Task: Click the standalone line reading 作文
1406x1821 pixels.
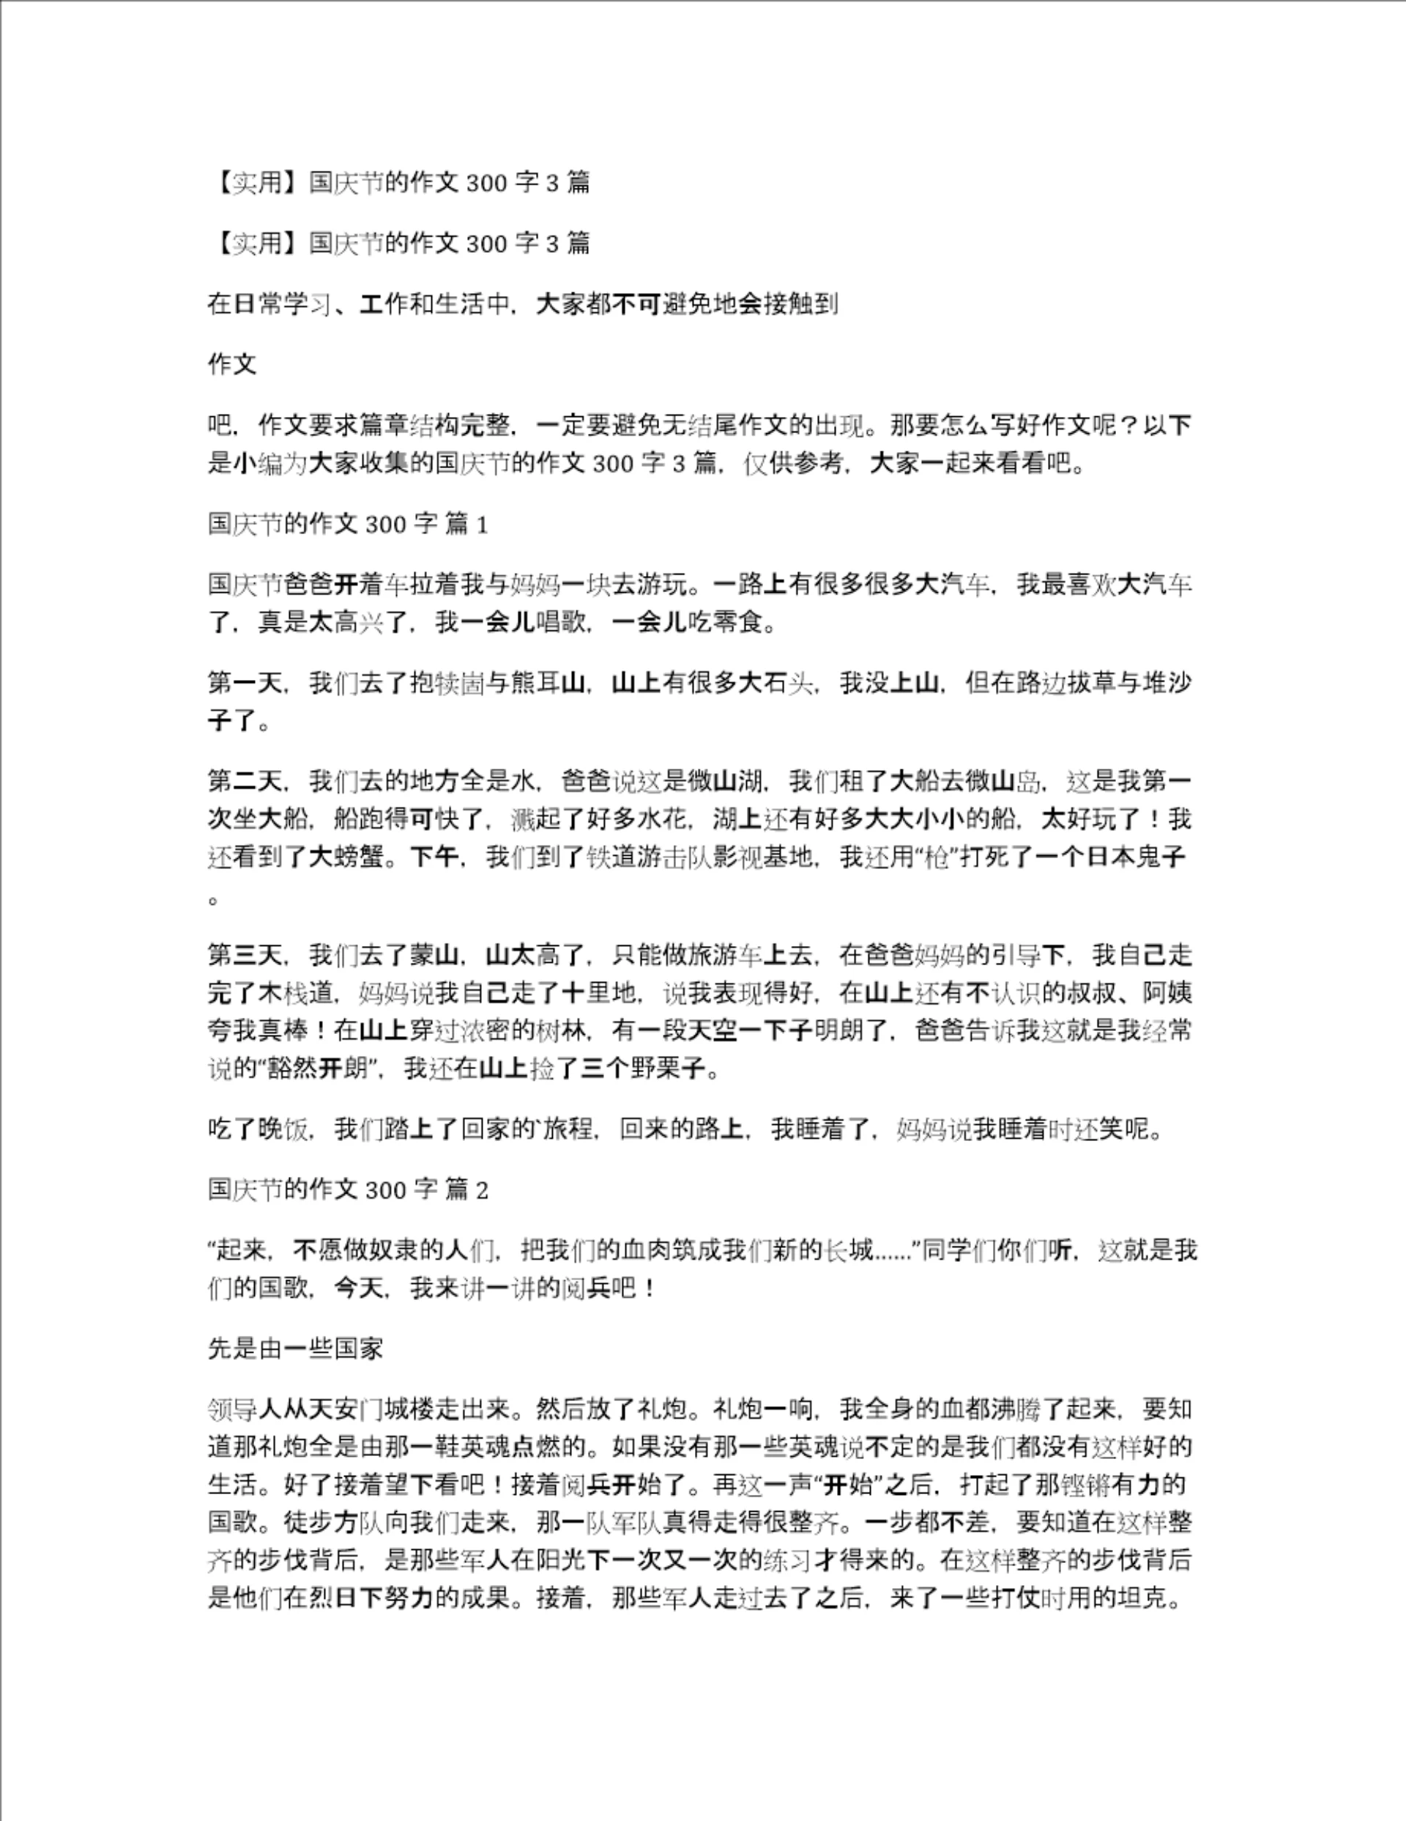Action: tap(231, 364)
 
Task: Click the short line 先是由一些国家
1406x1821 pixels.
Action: tap(295, 1348)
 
